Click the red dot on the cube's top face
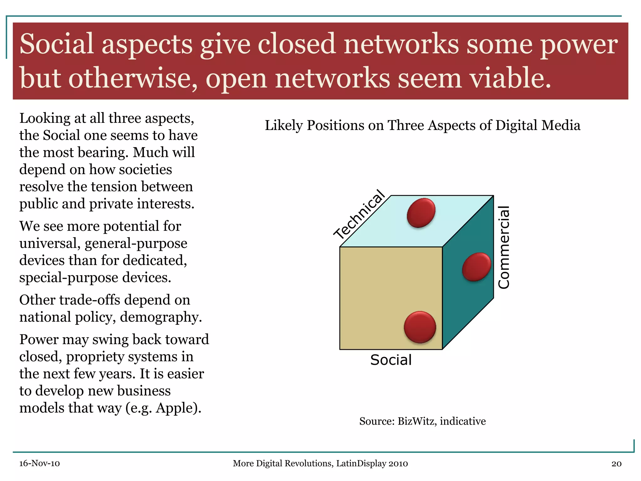pos(421,212)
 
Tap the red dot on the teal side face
pos(476,267)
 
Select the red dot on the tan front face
pos(420,327)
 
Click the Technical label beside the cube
pos(359,214)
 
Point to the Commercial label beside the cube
pos(504,247)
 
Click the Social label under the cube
pos(391,360)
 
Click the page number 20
pos(616,463)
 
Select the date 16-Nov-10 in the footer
pos(39,463)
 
